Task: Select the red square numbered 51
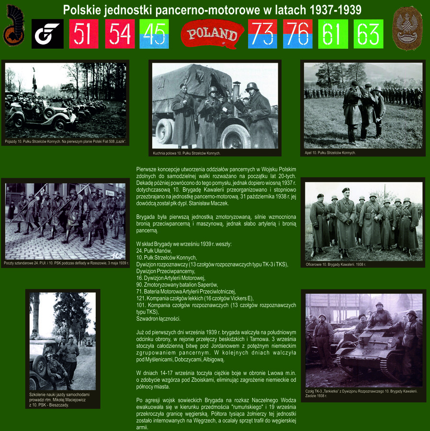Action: [83, 34]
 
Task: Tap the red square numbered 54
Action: [120, 34]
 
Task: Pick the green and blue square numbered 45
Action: [154, 34]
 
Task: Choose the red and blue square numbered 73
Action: [262, 34]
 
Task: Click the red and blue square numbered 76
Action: [297, 34]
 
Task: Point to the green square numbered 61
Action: [333, 34]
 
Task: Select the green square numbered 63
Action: [368, 34]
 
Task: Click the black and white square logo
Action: [47, 34]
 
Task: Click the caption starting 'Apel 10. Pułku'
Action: [330, 153]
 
